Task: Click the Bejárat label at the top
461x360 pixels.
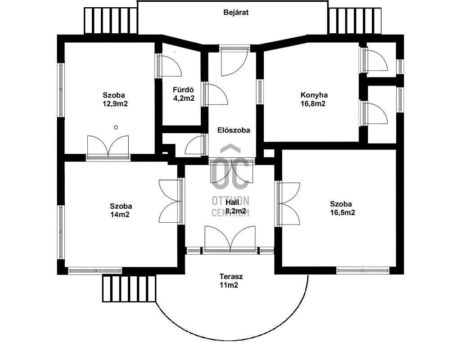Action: (236, 13)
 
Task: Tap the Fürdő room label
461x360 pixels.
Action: (184, 90)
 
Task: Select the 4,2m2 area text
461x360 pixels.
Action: (184, 99)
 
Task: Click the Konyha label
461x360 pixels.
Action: (314, 95)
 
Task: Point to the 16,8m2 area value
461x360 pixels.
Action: (313, 104)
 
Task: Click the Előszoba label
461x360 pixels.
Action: (234, 130)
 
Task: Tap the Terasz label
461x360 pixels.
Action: (231, 277)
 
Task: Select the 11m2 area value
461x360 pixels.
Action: (229, 285)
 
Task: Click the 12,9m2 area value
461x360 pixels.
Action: (115, 104)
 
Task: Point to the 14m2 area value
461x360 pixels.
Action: (120, 215)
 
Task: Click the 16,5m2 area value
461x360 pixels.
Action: (343, 213)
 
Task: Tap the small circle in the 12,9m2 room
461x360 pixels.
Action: (116, 127)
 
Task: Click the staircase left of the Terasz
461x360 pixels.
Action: (129, 288)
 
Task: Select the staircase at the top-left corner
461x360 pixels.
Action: (111, 21)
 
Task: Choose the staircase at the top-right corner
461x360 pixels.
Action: (355, 21)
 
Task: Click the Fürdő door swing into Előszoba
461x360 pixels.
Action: (216, 94)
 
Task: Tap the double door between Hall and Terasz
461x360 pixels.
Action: (230, 238)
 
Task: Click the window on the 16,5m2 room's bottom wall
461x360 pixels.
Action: (363, 270)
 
